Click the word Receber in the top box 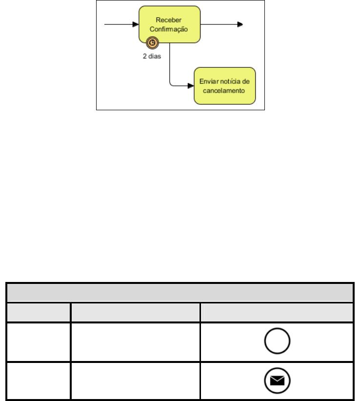tap(168, 20)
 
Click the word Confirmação tap(169, 29)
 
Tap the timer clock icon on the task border tap(152, 43)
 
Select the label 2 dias tap(152, 56)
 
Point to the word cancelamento tap(224, 91)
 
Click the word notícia tap(230, 81)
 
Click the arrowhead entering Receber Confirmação tap(136, 24)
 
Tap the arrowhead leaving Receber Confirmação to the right tap(240, 24)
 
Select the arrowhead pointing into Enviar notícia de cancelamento tap(191, 86)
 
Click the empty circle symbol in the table tap(277, 341)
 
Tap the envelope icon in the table tap(277, 381)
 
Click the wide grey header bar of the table tap(180, 293)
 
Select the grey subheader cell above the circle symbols tap(277, 312)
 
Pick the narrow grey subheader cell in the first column tap(39, 312)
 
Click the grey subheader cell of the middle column tap(136, 312)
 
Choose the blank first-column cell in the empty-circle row tap(39, 342)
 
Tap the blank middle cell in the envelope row tap(136, 381)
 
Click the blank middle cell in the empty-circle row tap(136, 342)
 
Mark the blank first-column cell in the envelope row tap(39, 381)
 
